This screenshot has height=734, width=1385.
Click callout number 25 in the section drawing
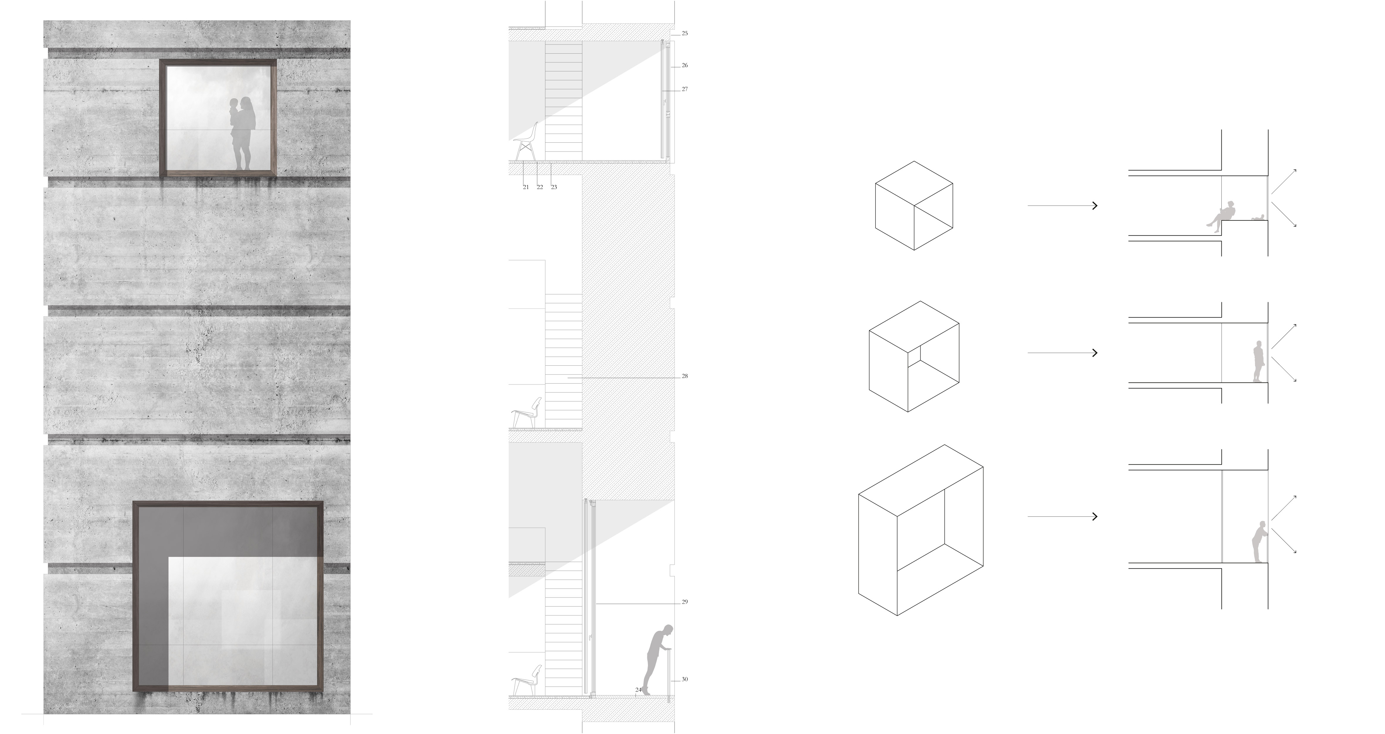tap(684, 33)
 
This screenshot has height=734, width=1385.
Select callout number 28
tap(684, 376)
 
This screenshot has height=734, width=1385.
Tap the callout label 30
tap(684, 679)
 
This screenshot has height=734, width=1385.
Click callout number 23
tap(554, 187)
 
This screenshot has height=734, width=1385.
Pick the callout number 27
tap(684, 89)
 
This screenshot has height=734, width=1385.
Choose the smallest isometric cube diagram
tap(914, 205)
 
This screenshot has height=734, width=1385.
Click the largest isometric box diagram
tap(921, 530)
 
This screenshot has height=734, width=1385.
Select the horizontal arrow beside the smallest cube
tap(1062, 205)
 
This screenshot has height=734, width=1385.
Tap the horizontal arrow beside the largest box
tap(1062, 516)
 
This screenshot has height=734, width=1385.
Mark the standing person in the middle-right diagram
tap(1258, 362)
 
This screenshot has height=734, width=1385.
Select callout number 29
tap(684, 602)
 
